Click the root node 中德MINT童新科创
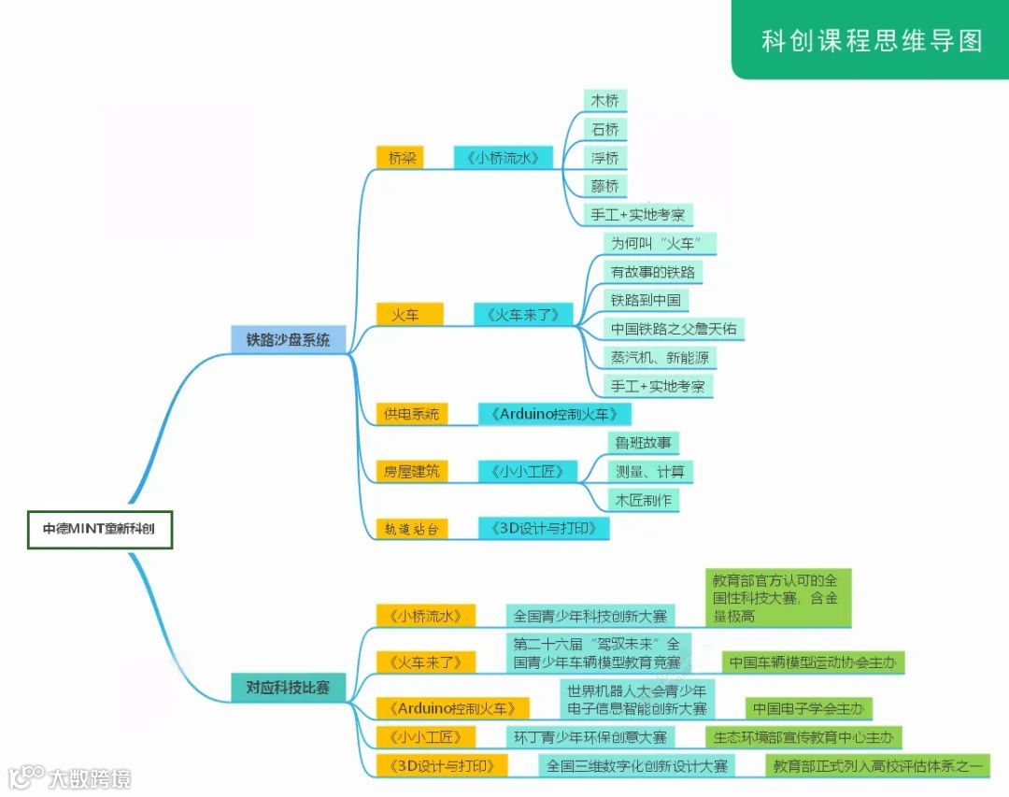[99, 529]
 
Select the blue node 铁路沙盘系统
[288, 340]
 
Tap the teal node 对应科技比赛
[288, 688]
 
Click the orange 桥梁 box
[401, 158]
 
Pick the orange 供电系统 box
[411, 413]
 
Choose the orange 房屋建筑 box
[411, 472]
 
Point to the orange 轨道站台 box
[411, 529]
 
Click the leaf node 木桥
[604, 101]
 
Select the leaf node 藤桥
[604, 186]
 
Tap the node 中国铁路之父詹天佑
[674, 329]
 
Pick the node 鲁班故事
[642, 442]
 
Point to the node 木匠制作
[642, 500]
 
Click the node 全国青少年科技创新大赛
[590, 616]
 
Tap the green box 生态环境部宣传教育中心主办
[803, 737]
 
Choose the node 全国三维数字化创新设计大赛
[636, 766]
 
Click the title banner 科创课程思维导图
[871, 41]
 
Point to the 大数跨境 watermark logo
[70, 777]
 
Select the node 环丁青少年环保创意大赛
[590, 737]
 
